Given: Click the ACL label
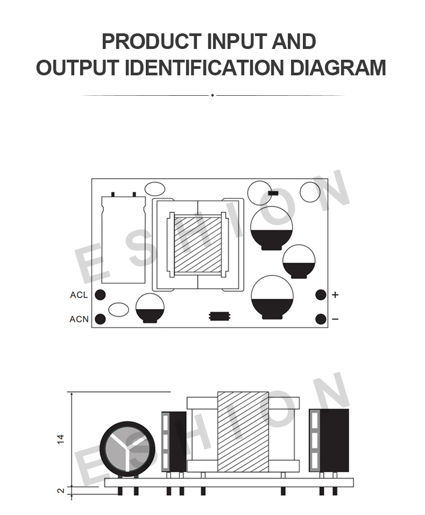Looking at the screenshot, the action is (x=79, y=295).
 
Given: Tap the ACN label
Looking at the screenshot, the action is (x=79, y=319).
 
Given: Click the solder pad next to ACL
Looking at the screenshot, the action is (x=100, y=294).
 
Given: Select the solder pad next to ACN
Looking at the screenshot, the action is (x=100, y=319).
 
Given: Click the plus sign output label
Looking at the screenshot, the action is (x=335, y=294).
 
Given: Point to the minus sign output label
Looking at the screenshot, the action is (x=335, y=319).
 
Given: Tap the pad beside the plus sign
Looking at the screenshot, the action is (x=321, y=294).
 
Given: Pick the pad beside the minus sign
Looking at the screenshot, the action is (x=321, y=319).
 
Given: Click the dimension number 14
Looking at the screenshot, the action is (x=61, y=439).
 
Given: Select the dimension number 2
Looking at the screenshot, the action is (x=61, y=491).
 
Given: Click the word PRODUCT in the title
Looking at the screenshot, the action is (x=151, y=41).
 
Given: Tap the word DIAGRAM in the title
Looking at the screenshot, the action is (x=338, y=68).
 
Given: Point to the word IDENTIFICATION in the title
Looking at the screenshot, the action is (x=204, y=68).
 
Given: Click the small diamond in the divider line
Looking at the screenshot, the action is (x=212, y=95).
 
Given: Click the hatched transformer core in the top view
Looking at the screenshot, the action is (x=197, y=245).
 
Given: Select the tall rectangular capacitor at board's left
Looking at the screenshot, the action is (x=123, y=240).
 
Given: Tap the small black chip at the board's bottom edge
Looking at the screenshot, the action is (x=219, y=316).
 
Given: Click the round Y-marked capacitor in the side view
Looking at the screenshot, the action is (x=127, y=449).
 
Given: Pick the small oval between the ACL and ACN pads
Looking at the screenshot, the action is (x=118, y=310).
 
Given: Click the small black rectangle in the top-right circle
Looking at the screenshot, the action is (x=273, y=193).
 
